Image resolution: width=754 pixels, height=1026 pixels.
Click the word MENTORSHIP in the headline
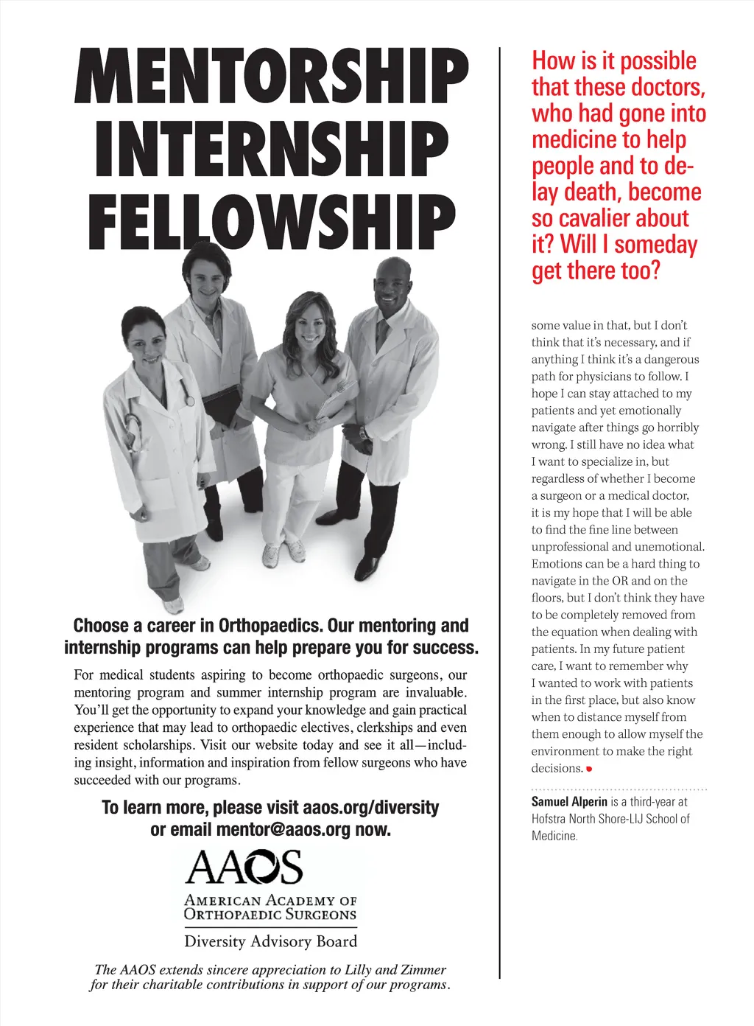click(271, 77)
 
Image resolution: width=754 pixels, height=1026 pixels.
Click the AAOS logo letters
click(244, 868)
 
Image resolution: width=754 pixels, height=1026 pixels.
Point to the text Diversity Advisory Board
click(270, 941)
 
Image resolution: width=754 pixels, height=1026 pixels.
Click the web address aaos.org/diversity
click(370, 808)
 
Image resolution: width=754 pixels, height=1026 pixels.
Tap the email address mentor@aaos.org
click(283, 830)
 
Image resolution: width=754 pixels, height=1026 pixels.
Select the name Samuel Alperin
click(569, 802)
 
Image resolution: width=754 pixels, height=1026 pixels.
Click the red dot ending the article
click(589, 769)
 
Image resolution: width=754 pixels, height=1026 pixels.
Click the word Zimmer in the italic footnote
click(422, 970)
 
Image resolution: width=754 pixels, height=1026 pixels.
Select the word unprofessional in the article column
click(570, 547)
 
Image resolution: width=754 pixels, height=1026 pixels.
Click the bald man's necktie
click(381, 334)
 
